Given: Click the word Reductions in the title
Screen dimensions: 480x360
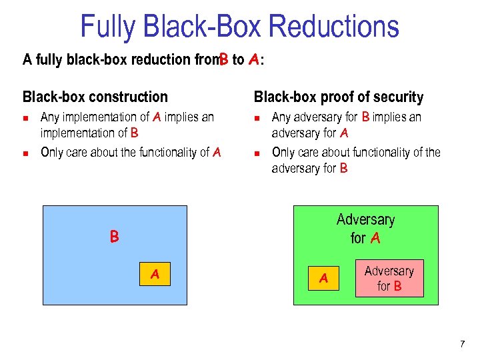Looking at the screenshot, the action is click(x=333, y=27).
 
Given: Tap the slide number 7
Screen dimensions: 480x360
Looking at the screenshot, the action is click(x=462, y=344).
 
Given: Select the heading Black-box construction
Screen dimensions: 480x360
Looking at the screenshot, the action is click(x=95, y=97).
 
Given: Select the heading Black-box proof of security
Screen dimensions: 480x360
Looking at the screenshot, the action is click(x=339, y=97).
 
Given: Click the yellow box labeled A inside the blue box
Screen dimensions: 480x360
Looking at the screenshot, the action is click(x=155, y=273).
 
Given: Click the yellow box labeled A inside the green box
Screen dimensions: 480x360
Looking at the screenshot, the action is click(x=324, y=278).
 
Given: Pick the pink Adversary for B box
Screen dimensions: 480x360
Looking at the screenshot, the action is click(x=389, y=278).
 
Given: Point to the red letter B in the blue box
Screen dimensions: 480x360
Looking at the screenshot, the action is click(x=115, y=237).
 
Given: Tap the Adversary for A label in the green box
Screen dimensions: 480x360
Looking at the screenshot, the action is click(x=365, y=228).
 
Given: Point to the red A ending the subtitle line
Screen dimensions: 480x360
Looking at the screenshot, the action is click(x=253, y=60).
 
